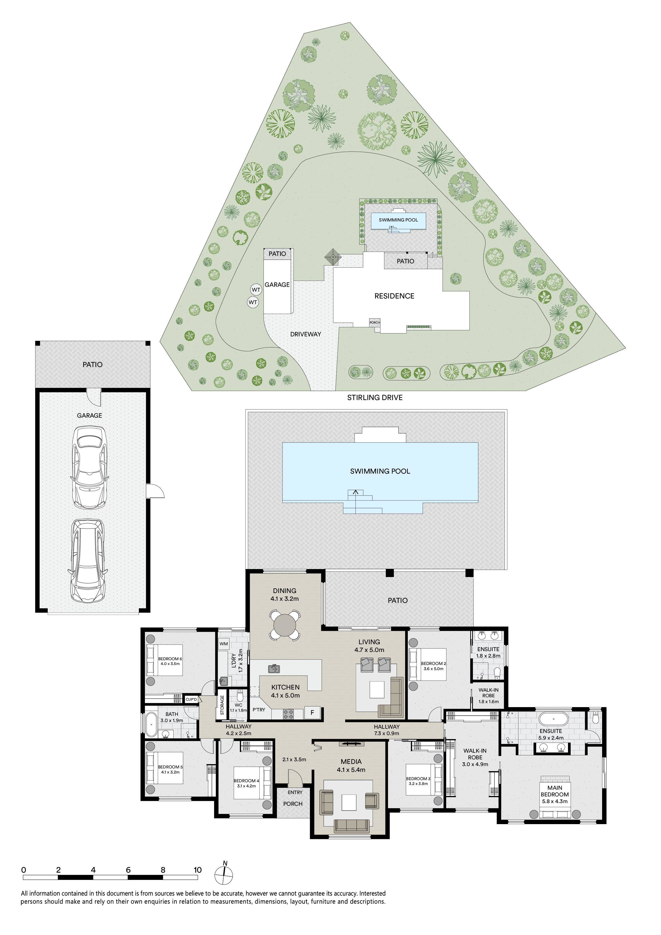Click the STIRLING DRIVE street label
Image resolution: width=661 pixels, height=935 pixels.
(x=375, y=397)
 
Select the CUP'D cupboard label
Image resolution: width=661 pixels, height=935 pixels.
(x=191, y=699)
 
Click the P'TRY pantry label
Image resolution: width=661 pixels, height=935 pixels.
(x=259, y=710)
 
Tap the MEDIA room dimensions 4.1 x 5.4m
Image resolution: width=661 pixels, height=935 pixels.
(x=351, y=770)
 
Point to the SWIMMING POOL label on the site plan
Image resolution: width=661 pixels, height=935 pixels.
(x=398, y=220)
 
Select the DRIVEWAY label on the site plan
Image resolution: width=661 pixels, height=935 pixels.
(x=305, y=334)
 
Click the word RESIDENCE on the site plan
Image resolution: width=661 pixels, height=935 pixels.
(x=394, y=296)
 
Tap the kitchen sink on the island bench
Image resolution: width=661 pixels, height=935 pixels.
(x=274, y=669)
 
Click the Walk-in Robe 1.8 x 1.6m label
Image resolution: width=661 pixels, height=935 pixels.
(x=488, y=696)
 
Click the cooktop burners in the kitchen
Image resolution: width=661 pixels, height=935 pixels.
(x=288, y=714)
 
